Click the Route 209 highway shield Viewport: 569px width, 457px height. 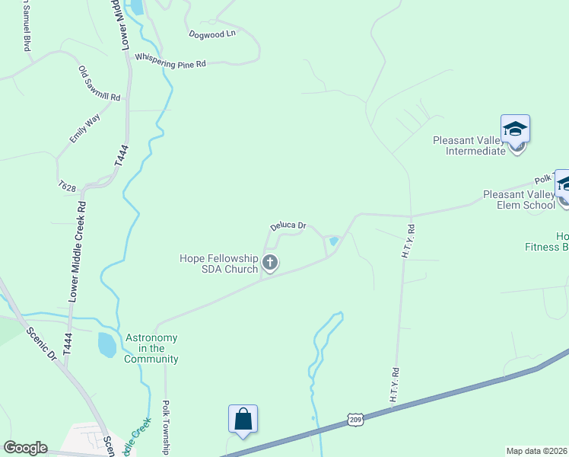tap(354, 419)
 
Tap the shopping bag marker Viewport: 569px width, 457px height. tap(243, 419)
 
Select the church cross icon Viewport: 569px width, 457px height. tap(269, 264)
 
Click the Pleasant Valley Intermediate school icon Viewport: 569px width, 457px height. tap(515, 129)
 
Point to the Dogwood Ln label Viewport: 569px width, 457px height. tap(212, 34)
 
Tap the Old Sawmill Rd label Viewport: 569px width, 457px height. tap(100, 84)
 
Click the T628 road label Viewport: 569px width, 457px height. tap(68, 186)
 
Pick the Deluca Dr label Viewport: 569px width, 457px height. tap(288, 226)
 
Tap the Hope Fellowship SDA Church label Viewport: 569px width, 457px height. tap(218, 264)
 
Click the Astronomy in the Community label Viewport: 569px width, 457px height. tap(151, 348)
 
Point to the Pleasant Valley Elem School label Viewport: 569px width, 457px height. tap(520, 200)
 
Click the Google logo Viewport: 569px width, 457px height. tap(25, 448)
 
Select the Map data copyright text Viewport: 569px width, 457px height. tap(537, 451)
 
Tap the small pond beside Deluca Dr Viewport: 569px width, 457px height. tap(333, 241)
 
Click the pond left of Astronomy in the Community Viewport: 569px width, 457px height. tap(107, 344)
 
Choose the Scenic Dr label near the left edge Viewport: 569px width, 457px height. tap(41, 344)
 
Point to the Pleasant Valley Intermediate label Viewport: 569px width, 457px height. tap(469, 145)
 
